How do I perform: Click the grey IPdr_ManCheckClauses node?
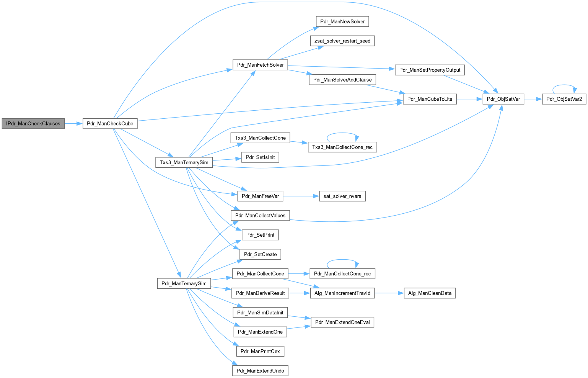[x=33, y=124]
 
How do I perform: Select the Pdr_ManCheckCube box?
[x=110, y=124]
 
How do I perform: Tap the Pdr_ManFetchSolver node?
[x=260, y=65]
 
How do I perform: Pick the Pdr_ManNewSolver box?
[x=342, y=21]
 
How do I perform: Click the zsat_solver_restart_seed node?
[x=342, y=41]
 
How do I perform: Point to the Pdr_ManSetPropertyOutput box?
[x=430, y=70]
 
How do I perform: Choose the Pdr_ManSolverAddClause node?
[x=342, y=80]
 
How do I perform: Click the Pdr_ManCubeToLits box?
[x=430, y=99]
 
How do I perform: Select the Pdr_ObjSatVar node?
[x=503, y=99]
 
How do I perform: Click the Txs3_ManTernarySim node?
[x=184, y=162]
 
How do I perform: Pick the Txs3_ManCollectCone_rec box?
[x=342, y=147]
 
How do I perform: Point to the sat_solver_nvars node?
[x=342, y=196]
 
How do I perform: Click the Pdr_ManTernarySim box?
[x=184, y=283]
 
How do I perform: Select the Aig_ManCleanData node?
[x=430, y=293]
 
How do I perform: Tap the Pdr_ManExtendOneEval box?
[x=342, y=322]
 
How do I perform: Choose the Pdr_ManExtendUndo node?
[x=260, y=371]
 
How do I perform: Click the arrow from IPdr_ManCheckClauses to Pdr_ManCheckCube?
[x=74, y=124]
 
